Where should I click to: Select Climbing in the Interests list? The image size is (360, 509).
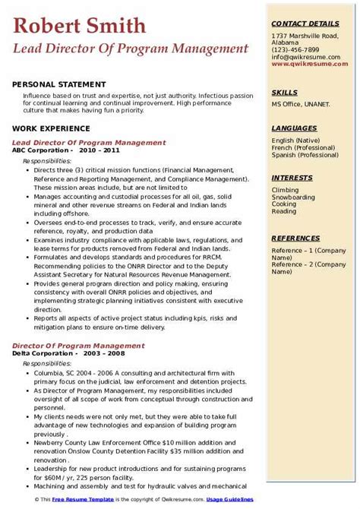(x=285, y=190)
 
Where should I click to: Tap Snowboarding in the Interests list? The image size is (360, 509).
(x=292, y=197)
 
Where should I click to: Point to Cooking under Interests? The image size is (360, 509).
(x=284, y=204)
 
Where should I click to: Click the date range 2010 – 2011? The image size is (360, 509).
(x=98, y=150)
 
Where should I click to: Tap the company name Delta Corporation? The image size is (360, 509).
(x=43, y=353)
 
